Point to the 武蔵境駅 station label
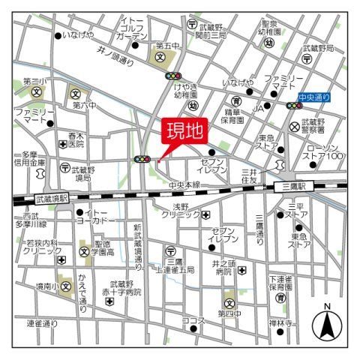point(51,199)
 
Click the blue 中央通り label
point(314,97)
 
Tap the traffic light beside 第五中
point(175,76)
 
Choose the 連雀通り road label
point(42,323)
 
